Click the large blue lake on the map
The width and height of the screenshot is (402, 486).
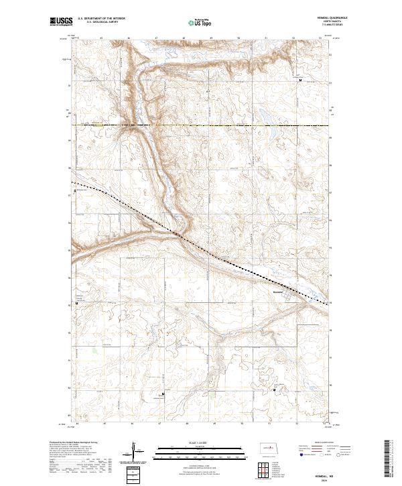pyautogui.click(x=265, y=117)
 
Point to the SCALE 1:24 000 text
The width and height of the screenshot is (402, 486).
pyautogui.click(x=193, y=441)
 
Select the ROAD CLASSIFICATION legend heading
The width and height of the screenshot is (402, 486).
pyautogui.click(x=322, y=443)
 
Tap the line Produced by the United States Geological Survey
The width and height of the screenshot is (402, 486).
pyautogui.click(x=70, y=442)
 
